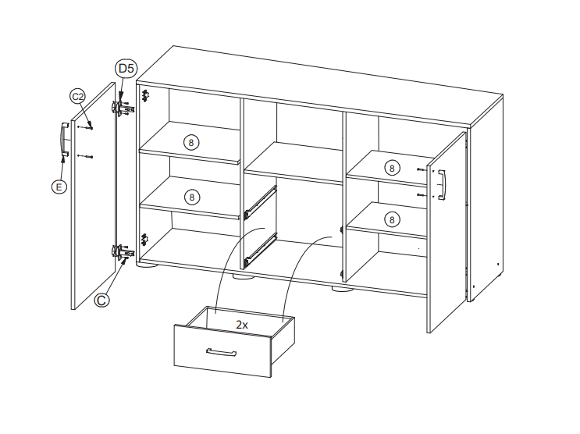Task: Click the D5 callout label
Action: [126, 69]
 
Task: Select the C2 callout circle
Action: [78, 97]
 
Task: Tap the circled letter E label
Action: [59, 187]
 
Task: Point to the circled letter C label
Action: [101, 300]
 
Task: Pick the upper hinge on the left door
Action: [122, 108]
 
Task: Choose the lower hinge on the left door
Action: [122, 252]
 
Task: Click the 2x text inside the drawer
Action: [242, 325]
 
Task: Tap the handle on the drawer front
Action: [221, 352]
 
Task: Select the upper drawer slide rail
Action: [261, 202]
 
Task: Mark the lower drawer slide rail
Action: [261, 250]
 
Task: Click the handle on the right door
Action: [442, 185]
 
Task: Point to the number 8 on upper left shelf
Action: [191, 142]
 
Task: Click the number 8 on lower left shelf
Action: [191, 197]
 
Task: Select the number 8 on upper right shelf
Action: [392, 169]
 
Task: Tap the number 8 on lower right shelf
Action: [392, 220]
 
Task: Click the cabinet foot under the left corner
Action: [148, 265]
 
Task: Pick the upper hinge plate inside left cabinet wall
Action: [145, 95]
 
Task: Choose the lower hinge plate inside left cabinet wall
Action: [144, 240]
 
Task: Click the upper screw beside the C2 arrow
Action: [85, 128]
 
